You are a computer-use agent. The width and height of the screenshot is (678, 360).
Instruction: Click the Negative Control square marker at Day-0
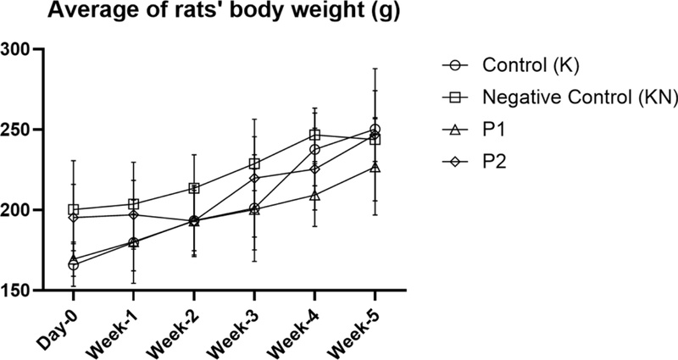tap(74, 209)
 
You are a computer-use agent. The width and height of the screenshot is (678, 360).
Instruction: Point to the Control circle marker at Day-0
tap(74, 265)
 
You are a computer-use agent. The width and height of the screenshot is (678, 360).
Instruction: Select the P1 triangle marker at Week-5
tap(375, 167)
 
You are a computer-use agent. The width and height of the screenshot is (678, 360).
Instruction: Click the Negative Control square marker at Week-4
tap(314, 135)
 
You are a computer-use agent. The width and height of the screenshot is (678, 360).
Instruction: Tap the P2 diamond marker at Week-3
tap(254, 178)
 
